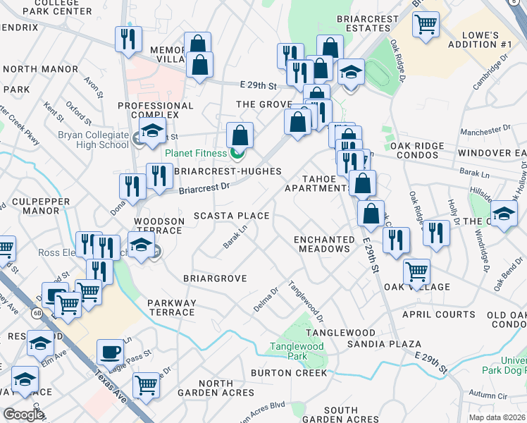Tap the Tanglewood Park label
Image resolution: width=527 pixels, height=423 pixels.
pyautogui.click(x=297, y=351)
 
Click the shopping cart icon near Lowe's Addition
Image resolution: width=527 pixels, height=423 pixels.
pyautogui.click(x=426, y=24)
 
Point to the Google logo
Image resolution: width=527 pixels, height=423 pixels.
pyautogui.click(x=23, y=415)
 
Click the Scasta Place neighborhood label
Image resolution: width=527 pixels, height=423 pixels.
pyautogui.click(x=232, y=216)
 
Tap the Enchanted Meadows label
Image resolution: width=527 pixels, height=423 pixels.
pyautogui.click(x=324, y=244)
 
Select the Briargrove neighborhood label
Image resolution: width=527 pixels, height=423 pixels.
pyautogui.click(x=215, y=278)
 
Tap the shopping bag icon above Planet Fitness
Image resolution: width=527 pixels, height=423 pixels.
pyautogui.click(x=240, y=135)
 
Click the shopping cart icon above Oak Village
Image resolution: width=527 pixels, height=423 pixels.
pyautogui.click(x=417, y=271)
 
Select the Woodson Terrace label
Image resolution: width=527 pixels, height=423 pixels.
pyautogui.click(x=159, y=226)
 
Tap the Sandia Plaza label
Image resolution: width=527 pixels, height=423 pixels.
pyautogui.click(x=384, y=344)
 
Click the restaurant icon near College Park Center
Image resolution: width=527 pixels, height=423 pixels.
pyautogui.click(x=128, y=39)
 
